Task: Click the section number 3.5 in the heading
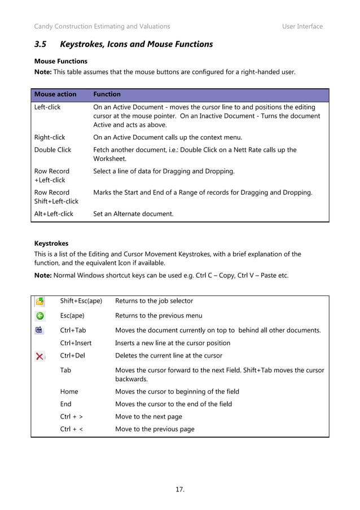click(42, 44)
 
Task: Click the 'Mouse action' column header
click(55, 94)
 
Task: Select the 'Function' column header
click(107, 94)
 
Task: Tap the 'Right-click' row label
click(50, 137)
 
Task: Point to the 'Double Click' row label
click(52, 150)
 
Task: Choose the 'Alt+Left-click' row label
click(54, 213)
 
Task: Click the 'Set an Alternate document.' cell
click(133, 213)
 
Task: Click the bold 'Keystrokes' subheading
click(51, 243)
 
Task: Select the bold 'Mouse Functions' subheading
click(61, 60)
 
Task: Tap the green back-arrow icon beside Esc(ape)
click(41, 316)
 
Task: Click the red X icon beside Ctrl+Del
click(40, 356)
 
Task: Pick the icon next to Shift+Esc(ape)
click(41, 301)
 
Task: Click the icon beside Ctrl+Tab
click(40, 330)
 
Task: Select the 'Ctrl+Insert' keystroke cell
click(76, 343)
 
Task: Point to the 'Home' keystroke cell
click(69, 391)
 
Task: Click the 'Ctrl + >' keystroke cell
click(72, 416)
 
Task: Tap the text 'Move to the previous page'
click(155, 429)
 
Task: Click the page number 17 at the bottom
click(180, 489)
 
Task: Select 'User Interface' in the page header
click(302, 27)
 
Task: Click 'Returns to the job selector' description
click(154, 301)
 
